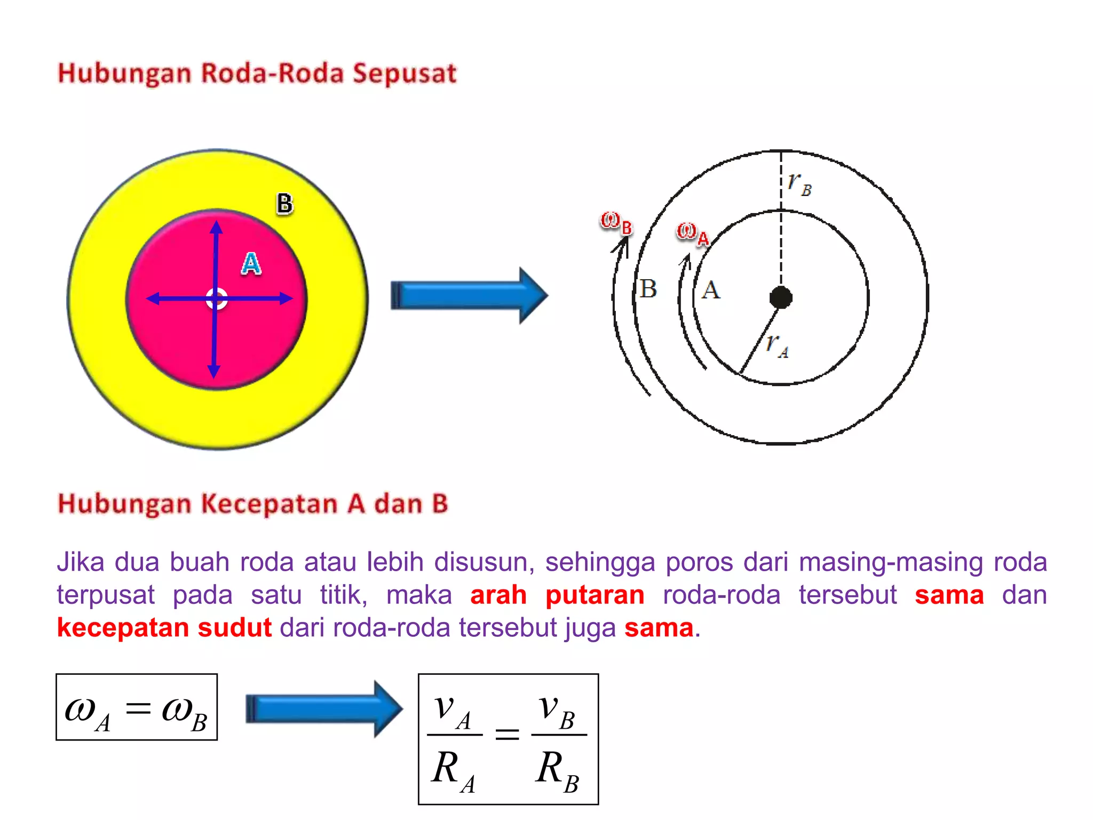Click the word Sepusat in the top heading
pos(404,74)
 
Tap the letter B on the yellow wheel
pos(284,204)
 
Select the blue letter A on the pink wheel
pos(251,264)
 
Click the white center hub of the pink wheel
pos(216,299)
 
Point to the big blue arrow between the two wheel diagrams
pos(469,296)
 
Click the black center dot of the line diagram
pos(781,297)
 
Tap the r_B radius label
pos(799,183)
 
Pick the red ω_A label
pos(692,233)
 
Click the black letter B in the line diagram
pos(648,289)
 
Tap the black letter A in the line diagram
pos(710,291)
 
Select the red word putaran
pos(595,595)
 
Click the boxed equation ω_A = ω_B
pos(137,707)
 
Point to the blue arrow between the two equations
pos(323,709)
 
